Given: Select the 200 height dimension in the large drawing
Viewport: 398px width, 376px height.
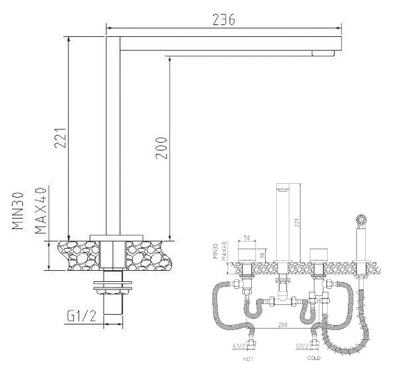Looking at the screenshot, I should click(161, 147).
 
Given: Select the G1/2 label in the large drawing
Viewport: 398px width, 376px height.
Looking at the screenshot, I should click(81, 316).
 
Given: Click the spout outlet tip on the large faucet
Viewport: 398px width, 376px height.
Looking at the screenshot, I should click(324, 53).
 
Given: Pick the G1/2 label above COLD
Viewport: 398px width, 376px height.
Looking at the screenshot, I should click(303, 345).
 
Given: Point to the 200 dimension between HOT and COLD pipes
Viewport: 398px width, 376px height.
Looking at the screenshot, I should click(282, 325).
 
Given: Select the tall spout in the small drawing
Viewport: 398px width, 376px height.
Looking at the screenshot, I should click(284, 223).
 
